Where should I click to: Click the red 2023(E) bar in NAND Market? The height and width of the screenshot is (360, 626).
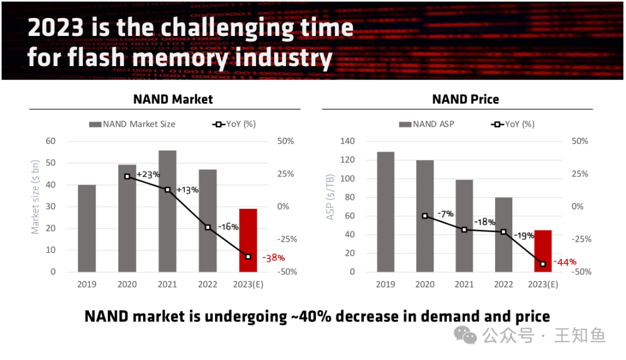pos(248,240)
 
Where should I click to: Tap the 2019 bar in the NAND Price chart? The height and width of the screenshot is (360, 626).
pos(385,212)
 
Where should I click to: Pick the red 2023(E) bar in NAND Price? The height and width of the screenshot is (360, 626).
pos(543,250)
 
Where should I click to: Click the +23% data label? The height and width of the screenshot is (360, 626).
pos(148,174)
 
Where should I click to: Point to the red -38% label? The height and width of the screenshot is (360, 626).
pos(274,257)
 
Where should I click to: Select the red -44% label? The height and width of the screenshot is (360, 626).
pos(565,262)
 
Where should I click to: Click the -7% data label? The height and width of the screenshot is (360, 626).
pos(446,214)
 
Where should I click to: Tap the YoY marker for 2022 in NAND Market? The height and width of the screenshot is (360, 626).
pos(208,227)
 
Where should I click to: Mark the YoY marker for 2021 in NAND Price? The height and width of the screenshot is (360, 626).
pos(464,230)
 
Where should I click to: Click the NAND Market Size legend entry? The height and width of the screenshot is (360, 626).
pos(133,124)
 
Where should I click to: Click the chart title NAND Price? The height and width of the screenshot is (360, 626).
pos(465,99)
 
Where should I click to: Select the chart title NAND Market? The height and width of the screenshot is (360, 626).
pos(173,99)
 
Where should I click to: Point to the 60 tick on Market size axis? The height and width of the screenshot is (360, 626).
pos(51,141)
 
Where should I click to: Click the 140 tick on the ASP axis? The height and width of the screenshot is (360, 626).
pos(347,141)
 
